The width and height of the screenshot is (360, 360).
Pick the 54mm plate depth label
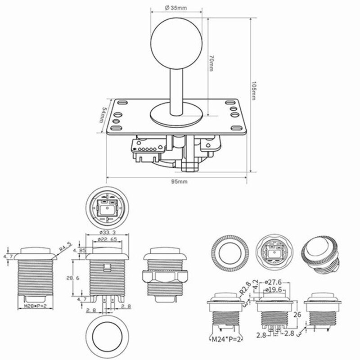pos(103,117)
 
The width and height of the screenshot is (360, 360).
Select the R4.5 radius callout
pos(66,247)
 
